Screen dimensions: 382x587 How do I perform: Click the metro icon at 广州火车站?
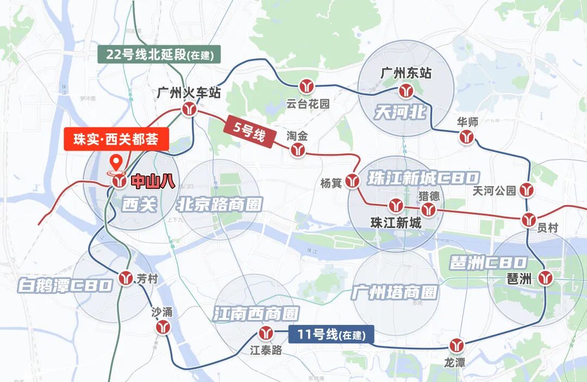(189, 109)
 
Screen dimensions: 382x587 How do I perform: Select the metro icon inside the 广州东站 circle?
(405, 90)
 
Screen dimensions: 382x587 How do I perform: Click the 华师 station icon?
(466, 137)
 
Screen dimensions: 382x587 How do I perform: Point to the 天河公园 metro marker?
(526, 190)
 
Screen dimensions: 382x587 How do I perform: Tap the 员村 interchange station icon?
(529, 220)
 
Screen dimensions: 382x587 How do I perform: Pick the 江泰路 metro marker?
(266, 333)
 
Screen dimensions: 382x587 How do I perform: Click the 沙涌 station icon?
(162, 327)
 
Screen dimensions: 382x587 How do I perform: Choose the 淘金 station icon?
(297, 150)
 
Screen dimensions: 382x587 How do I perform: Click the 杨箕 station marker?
(353, 181)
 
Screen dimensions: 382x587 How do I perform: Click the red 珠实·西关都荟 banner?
(115, 139)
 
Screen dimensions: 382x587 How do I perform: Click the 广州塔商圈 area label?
(394, 292)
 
